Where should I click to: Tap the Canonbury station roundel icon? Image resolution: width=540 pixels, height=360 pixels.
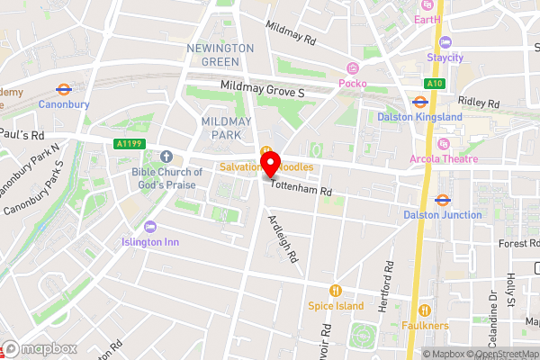click(63, 89)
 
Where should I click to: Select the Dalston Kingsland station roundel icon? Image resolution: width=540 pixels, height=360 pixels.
click(419, 102)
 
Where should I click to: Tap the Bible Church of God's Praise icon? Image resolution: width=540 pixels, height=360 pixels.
click(165, 157)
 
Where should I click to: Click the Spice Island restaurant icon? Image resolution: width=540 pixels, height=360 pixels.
click(336, 290)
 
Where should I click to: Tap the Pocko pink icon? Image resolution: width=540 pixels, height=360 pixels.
click(353, 68)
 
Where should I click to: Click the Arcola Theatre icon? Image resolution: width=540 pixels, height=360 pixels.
click(442, 145)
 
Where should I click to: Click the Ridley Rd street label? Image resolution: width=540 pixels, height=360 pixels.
click(480, 103)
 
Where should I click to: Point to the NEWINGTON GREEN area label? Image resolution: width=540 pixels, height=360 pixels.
click(213, 54)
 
